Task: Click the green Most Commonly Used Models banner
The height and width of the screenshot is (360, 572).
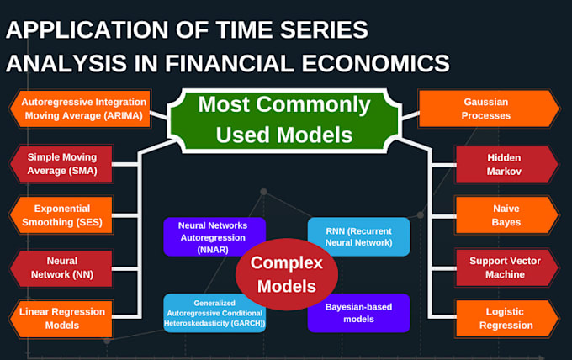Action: (283, 119)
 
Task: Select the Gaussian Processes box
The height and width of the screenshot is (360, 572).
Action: (488, 109)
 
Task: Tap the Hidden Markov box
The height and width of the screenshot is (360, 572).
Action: (506, 164)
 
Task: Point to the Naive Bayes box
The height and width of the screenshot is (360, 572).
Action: (506, 215)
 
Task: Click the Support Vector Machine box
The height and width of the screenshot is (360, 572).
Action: (506, 267)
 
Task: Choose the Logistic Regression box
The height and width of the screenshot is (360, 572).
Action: (506, 318)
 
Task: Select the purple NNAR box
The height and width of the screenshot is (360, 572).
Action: (214, 237)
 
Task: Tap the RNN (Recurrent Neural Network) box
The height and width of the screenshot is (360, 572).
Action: (357, 236)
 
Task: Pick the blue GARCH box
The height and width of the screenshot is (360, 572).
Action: (214, 313)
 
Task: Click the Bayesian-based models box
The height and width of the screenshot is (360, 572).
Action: (357, 312)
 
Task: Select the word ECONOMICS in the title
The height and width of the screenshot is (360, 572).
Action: (383, 63)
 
